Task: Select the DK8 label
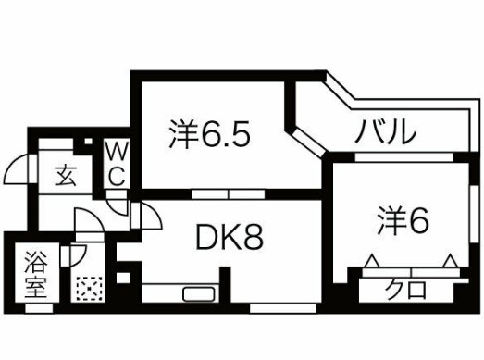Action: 230,239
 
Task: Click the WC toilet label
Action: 118,161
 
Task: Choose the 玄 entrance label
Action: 65,174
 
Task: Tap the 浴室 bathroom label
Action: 35,272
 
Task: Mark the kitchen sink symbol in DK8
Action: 199,295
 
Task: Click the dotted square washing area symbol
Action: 90,289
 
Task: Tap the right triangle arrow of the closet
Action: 450,263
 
